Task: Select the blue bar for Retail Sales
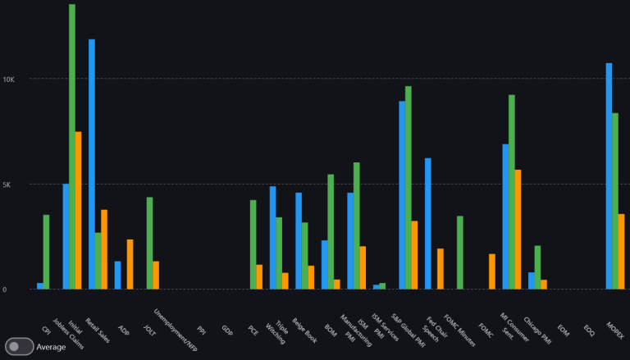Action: pyautogui.click(x=92, y=164)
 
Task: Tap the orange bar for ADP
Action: pyautogui.click(x=130, y=264)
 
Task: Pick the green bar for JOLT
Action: pyautogui.click(x=150, y=243)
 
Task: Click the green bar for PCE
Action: pyautogui.click(x=253, y=244)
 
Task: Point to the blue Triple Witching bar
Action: pyautogui.click(x=273, y=238)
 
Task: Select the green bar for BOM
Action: pyautogui.click(x=331, y=231)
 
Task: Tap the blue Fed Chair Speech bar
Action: pyautogui.click(x=428, y=223)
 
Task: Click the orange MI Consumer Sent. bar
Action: pyautogui.click(x=518, y=229)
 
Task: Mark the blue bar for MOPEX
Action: pyautogui.click(x=609, y=175)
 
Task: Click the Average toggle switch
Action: pyautogui.click(x=19, y=347)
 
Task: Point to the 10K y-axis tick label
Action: pyautogui.click(x=9, y=80)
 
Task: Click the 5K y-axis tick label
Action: pyautogui.click(x=9, y=185)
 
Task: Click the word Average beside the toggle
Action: pyautogui.click(x=51, y=347)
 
